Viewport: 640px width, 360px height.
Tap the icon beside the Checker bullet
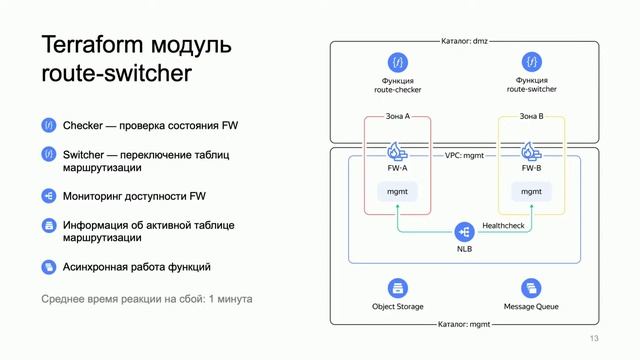click(48, 126)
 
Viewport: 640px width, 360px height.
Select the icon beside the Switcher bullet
click(48, 155)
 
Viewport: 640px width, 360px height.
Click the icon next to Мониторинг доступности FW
click(48, 196)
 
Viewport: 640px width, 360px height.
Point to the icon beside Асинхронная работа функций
click(48, 267)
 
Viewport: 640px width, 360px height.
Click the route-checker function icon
click(398, 61)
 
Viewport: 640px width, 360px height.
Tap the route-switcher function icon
click(531, 61)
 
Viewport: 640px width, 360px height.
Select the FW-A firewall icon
click(397, 152)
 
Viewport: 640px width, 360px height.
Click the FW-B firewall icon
click(531, 152)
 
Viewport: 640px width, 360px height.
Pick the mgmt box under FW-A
click(397, 190)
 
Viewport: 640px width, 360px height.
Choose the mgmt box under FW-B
click(531, 190)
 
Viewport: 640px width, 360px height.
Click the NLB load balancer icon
click(464, 231)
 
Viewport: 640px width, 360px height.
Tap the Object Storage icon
click(398, 288)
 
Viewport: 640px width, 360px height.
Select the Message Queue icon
click(531, 288)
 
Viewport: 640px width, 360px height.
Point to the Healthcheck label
click(503, 225)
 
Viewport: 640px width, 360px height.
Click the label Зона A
click(397, 117)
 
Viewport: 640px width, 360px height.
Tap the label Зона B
click(531, 117)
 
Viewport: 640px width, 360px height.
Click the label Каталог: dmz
click(464, 42)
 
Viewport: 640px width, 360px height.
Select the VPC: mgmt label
click(464, 156)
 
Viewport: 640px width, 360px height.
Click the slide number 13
click(595, 340)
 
